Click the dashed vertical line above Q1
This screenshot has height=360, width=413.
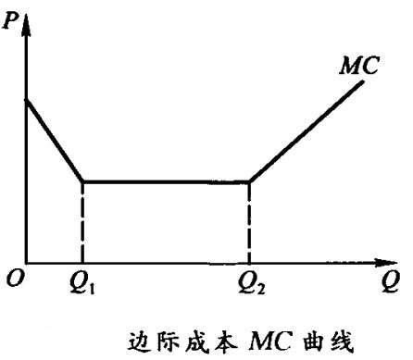click(82, 222)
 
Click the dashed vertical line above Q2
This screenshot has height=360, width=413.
click(250, 222)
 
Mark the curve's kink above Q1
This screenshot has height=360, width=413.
click(82, 181)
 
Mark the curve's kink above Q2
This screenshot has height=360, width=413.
click(250, 181)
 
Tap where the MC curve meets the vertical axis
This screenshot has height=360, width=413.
click(26, 99)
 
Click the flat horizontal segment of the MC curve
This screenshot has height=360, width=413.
click(167, 181)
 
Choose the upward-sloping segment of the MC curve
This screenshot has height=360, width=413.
click(306, 131)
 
